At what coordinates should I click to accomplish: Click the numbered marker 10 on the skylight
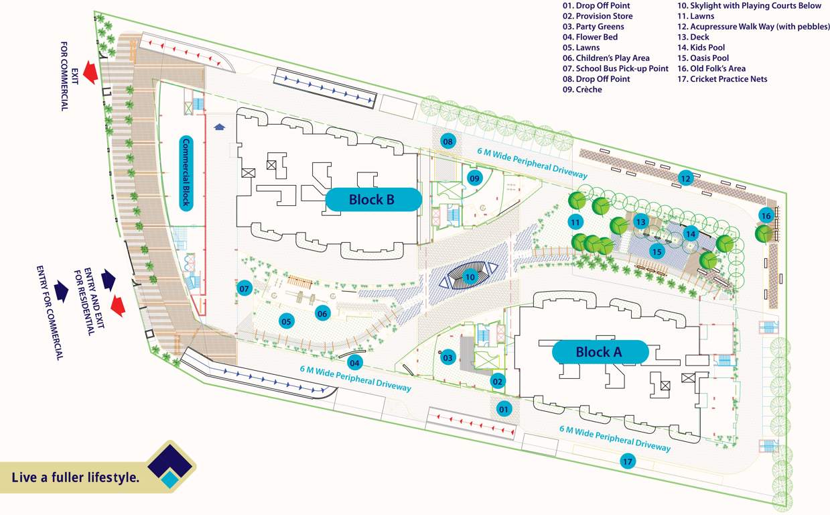coord(470,276)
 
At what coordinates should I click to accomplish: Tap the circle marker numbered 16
coord(766,215)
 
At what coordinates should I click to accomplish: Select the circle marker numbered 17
coord(628,461)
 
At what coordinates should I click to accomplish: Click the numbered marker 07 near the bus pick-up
coord(245,289)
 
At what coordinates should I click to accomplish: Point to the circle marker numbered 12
coord(684,178)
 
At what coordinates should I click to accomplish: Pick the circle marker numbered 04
coord(354,363)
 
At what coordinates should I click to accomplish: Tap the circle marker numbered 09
coord(474,178)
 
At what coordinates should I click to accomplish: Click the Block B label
coord(372,199)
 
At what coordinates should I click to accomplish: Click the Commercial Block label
coord(186,174)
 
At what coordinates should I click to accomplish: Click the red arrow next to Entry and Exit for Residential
coord(117,304)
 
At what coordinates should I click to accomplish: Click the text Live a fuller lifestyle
coord(75,477)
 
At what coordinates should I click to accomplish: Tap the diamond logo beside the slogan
coord(171,467)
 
